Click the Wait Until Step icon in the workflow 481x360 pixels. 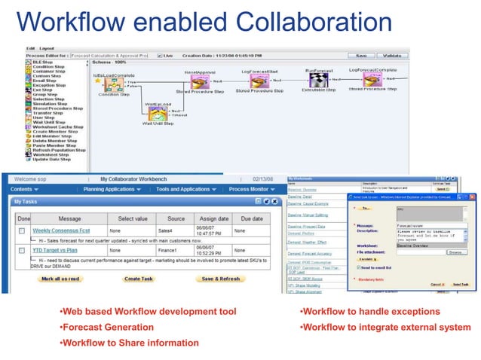click(x=155, y=111)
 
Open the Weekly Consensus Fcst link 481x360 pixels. click(x=62, y=230)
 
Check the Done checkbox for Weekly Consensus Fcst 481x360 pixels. click(x=23, y=230)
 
